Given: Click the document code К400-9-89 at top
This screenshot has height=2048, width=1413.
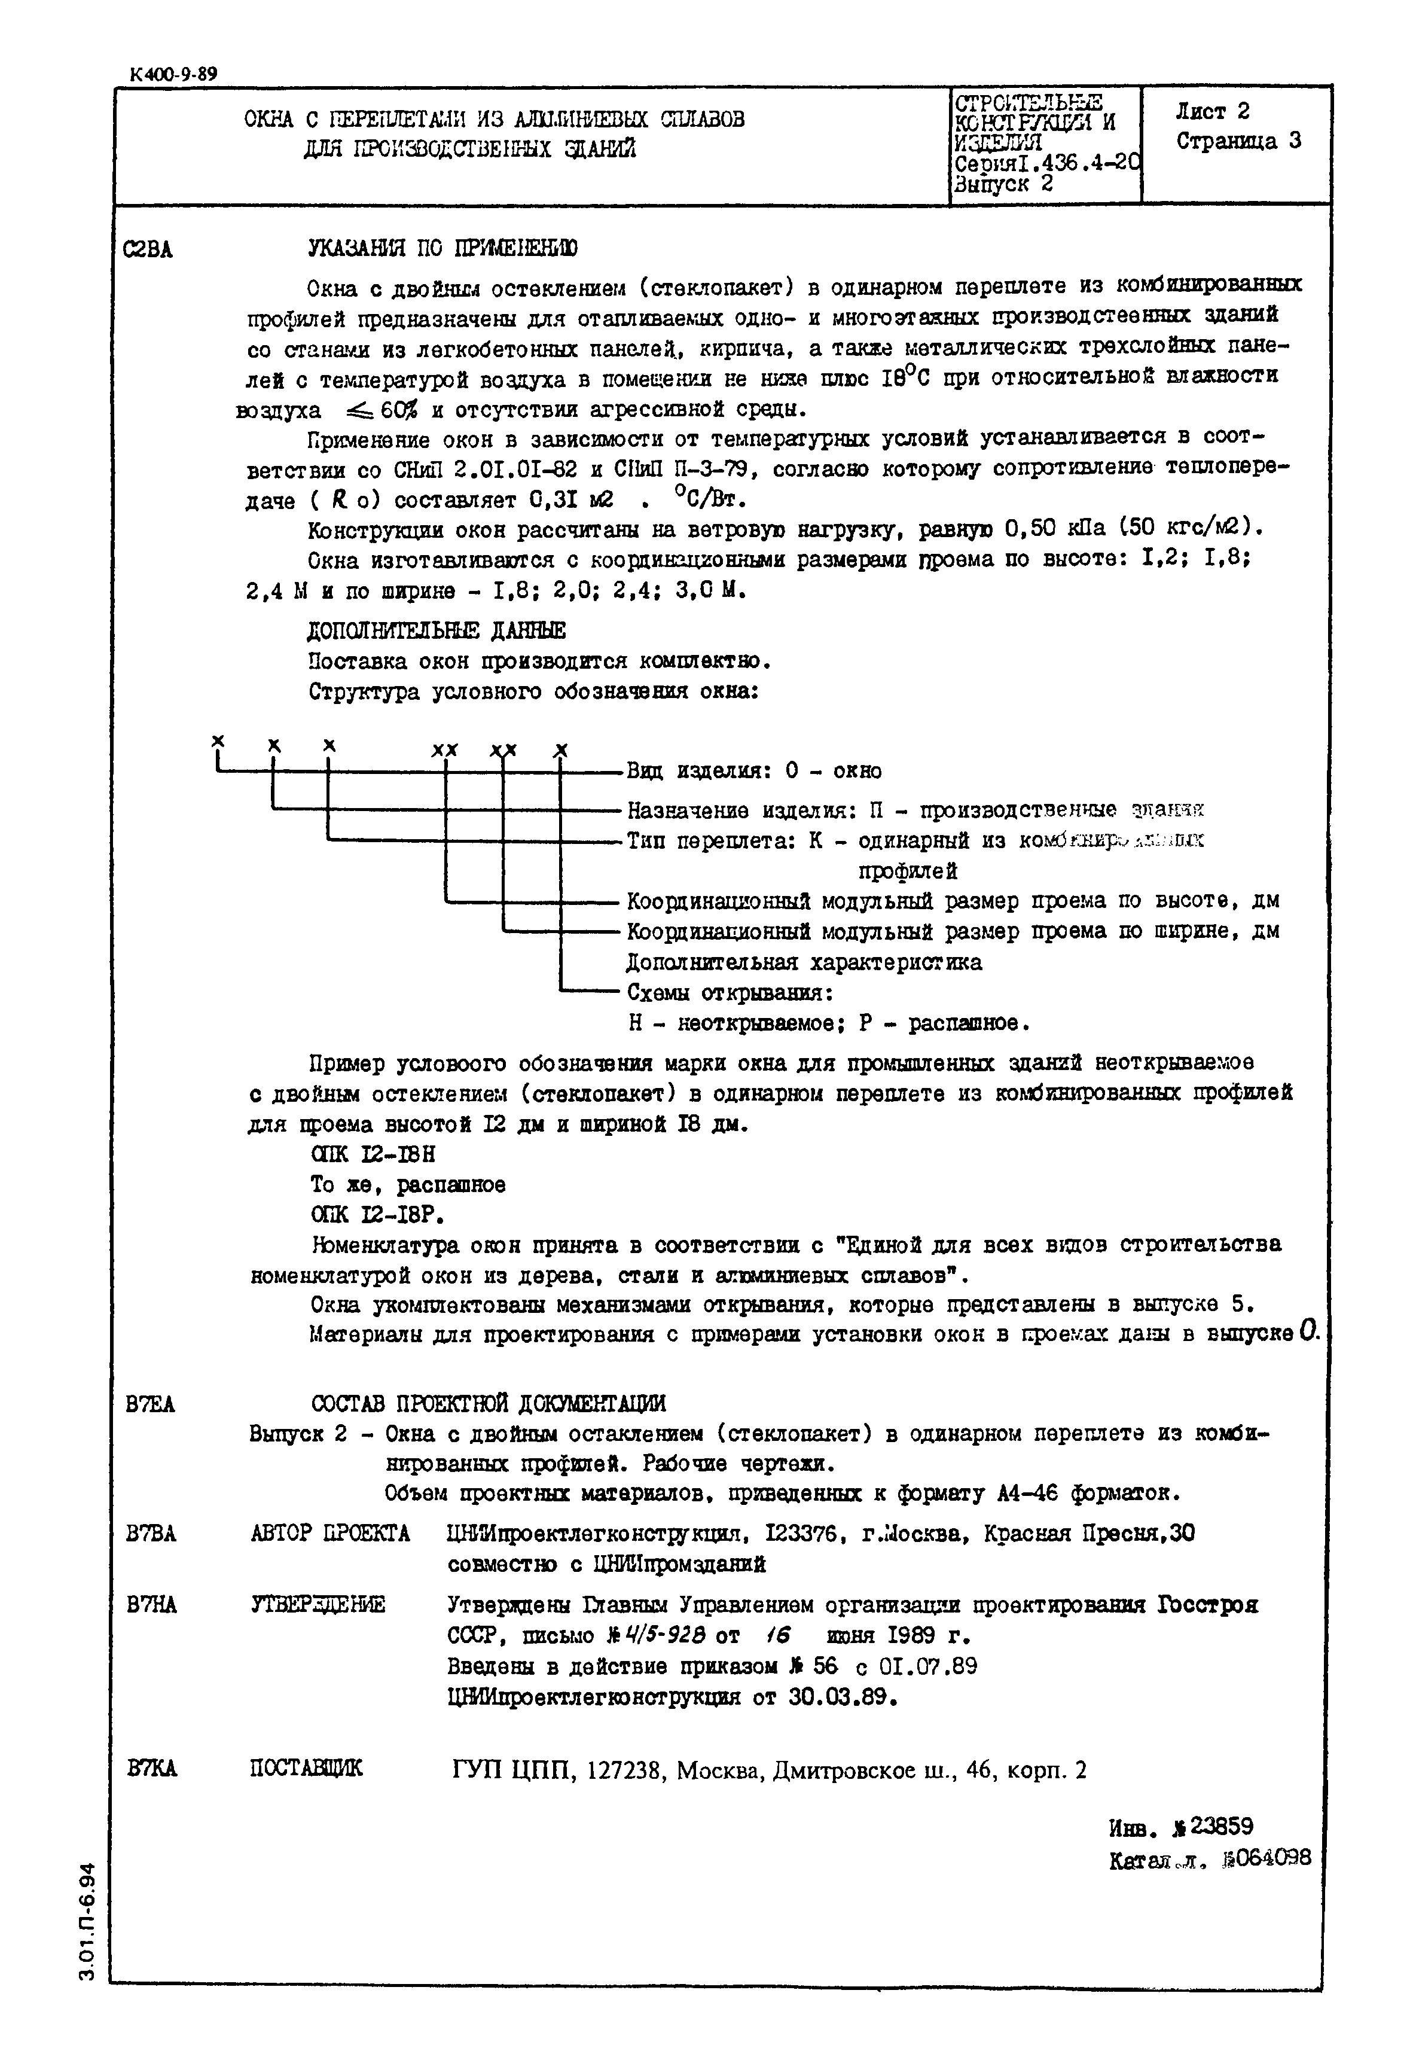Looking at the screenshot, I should [x=173, y=74].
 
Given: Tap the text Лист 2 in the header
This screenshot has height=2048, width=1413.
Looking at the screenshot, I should [x=1212, y=112].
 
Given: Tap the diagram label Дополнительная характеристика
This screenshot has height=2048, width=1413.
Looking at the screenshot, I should [x=803, y=962].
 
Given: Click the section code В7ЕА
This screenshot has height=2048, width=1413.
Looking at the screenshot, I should [x=151, y=1404].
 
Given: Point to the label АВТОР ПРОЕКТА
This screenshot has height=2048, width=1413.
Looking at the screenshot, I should [x=329, y=1534].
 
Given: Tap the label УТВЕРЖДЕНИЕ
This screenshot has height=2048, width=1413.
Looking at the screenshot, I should [x=318, y=1604].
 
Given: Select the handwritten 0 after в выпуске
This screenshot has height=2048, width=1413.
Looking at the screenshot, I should [x=1310, y=1331].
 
